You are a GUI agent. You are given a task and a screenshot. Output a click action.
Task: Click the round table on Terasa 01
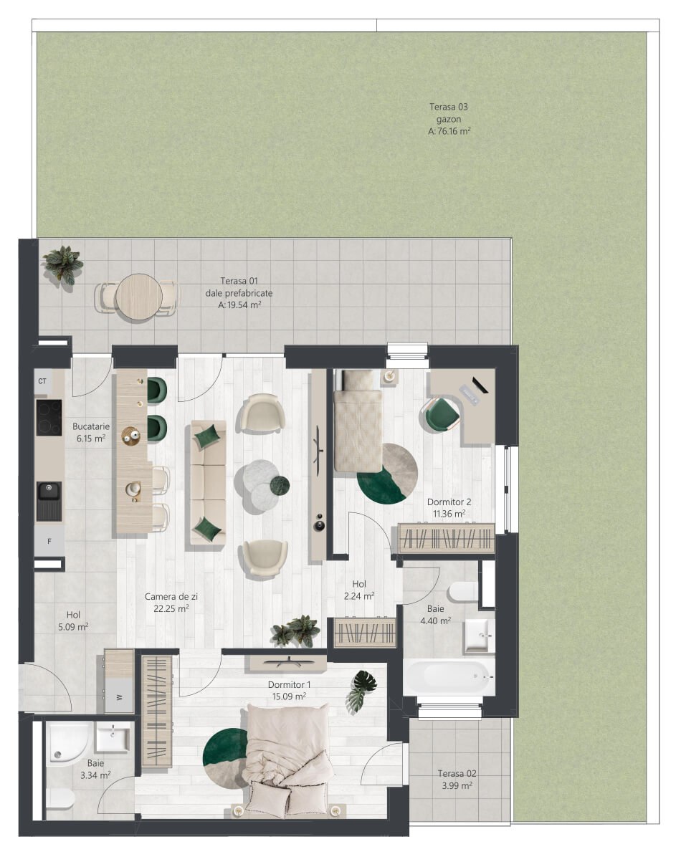[139, 297]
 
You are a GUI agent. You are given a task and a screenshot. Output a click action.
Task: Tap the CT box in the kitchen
[43, 382]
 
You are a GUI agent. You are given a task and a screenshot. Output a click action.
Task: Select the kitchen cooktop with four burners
[49, 417]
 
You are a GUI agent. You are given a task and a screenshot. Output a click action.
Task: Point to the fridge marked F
[49, 542]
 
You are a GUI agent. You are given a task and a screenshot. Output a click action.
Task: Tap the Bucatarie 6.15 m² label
[91, 432]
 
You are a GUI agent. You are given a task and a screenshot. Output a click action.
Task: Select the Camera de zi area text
[171, 603]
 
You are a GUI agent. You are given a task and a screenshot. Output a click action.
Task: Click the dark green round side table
[280, 486]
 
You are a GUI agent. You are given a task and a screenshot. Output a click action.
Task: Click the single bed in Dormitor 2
[358, 421]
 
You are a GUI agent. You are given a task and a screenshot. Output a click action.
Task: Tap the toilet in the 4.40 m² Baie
[463, 592]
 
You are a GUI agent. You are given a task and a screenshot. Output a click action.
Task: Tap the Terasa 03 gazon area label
[449, 119]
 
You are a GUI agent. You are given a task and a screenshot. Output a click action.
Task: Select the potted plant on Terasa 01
[63, 264]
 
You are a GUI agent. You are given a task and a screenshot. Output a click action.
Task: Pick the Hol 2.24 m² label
[358, 590]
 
